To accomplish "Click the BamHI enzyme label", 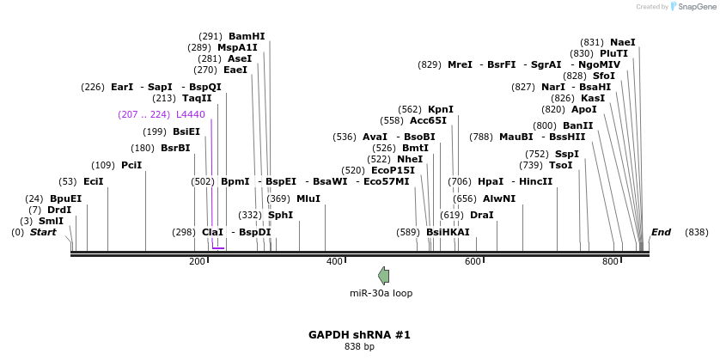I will (x=247, y=36).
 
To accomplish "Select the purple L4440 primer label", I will (x=190, y=114).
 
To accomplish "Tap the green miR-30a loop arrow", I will (x=383, y=275).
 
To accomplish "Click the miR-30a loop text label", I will (x=381, y=293).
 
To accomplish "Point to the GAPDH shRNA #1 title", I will (x=359, y=335).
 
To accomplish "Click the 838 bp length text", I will (x=359, y=347).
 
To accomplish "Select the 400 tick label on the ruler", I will (x=335, y=261).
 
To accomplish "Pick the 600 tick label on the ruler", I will (x=473, y=261).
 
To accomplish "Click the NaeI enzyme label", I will (x=623, y=42).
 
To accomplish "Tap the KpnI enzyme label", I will (x=440, y=109).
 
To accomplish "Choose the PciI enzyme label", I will (x=131, y=165).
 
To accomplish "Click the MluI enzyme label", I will (x=308, y=198).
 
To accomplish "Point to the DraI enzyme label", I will (x=481, y=215).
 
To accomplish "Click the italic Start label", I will (x=43, y=232).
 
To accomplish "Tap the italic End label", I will (x=661, y=232).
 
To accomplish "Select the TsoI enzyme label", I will (x=560, y=165).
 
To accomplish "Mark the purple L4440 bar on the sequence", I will (x=217, y=248).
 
